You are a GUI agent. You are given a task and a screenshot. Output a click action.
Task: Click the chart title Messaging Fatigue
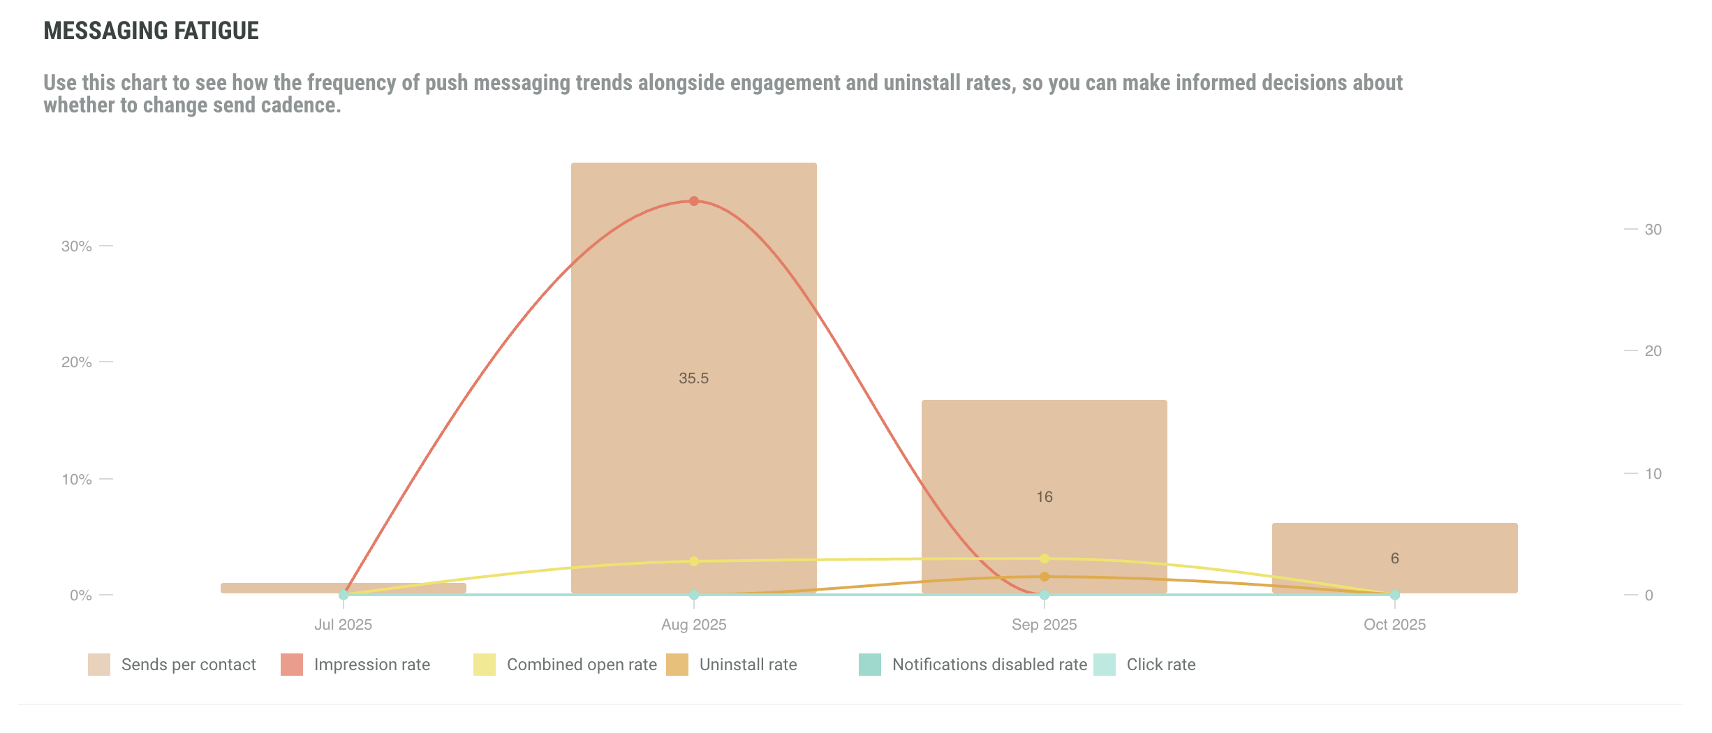click(x=151, y=31)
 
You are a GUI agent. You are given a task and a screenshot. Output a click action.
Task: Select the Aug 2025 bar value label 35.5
click(x=693, y=378)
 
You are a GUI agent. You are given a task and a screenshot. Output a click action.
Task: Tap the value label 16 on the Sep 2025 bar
click(x=1044, y=497)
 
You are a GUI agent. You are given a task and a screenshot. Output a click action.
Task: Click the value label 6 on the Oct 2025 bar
click(x=1394, y=558)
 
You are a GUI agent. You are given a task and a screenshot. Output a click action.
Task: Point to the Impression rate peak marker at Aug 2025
click(x=694, y=201)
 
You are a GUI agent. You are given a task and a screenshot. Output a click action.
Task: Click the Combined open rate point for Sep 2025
click(x=1045, y=558)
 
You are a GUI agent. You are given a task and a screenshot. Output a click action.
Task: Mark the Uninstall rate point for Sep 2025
click(x=1045, y=577)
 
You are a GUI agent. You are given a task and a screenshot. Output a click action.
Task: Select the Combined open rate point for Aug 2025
click(x=694, y=561)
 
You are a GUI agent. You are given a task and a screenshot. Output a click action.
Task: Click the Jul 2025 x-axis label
click(x=343, y=625)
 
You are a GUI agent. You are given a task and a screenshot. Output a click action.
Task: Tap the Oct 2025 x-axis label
click(x=1394, y=625)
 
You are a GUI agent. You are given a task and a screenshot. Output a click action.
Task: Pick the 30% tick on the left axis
click(x=77, y=246)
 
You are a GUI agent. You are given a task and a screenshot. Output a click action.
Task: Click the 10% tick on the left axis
click(x=77, y=480)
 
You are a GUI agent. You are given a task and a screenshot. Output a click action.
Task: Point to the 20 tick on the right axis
click(x=1653, y=351)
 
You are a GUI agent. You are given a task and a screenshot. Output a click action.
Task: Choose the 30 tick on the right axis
click(x=1653, y=230)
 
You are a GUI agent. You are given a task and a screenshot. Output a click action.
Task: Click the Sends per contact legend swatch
click(x=99, y=665)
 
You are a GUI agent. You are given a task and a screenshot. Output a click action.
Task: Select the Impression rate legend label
click(x=371, y=665)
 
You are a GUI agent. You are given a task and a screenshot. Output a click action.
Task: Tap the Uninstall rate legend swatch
click(x=677, y=665)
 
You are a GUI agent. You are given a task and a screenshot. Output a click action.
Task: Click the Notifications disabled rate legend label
click(x=989, y=665)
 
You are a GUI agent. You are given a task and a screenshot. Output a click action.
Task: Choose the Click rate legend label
click(x=1160, y=665)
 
